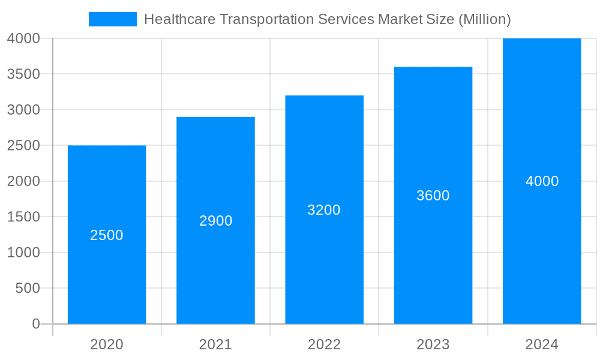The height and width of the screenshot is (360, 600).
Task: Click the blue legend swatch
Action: [x=112, y=19]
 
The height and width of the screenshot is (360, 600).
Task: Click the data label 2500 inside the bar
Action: [x=107, y=235]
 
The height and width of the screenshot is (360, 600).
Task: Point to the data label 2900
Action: [x=215, y=221]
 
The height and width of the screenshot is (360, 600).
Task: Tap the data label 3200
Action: [x=324, y=210]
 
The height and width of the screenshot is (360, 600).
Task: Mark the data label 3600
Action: [x=433, y=196]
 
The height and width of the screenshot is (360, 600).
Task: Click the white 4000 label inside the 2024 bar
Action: [x=542, y=181]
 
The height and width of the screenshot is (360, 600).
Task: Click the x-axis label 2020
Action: [x=107, y=344]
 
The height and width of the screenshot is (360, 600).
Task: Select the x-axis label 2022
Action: [x=324, y=344]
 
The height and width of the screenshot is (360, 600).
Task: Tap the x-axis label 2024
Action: [x=542, y=344]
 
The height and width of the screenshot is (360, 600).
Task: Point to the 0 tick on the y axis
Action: [x=35, y=324]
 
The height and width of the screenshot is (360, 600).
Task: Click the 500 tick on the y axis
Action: [x=28, y=288]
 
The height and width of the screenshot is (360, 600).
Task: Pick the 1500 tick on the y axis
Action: [x=24, y=217]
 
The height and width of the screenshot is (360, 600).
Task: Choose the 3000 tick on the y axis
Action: [x=24, y=110]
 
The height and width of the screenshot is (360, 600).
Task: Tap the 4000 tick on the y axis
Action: [x=24, y=38]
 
